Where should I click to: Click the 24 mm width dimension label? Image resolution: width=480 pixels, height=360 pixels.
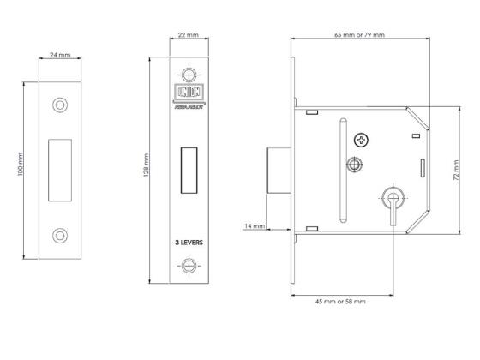coord(60,55)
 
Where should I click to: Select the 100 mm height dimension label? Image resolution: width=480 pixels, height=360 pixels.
coord(21,164)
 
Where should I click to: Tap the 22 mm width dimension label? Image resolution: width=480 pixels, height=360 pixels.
coord(189,35)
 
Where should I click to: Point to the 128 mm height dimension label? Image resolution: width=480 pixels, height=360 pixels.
coord(146,165)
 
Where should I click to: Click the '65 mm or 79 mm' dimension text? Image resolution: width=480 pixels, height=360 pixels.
coord(359,35)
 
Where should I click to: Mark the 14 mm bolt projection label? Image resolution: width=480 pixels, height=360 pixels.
coord(255,226)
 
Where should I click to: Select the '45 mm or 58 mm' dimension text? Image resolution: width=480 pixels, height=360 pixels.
coord(340,302)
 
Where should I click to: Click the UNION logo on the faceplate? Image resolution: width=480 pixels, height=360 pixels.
coord(189,92)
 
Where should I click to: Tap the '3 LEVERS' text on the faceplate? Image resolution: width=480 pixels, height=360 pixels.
coord(189,243)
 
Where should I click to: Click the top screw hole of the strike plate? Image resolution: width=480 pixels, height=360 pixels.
coord(60,105)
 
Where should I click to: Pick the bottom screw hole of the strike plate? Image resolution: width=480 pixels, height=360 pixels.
coord(60,236)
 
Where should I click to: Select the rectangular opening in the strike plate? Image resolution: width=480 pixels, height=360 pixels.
coord(60,171)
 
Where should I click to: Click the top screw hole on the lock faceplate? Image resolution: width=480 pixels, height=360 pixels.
coord(189,75)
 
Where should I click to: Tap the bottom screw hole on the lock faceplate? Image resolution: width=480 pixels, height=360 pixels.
coord(189,266)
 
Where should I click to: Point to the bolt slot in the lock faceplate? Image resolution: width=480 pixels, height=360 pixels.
coord(189,171)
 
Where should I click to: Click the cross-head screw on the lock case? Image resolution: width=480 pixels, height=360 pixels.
coord(361,141)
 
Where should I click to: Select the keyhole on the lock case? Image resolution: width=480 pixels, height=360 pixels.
coord(393,203)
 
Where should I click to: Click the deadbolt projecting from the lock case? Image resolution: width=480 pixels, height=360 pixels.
coord(279,171)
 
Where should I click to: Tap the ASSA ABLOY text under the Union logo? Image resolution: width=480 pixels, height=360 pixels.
coord(189,107)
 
